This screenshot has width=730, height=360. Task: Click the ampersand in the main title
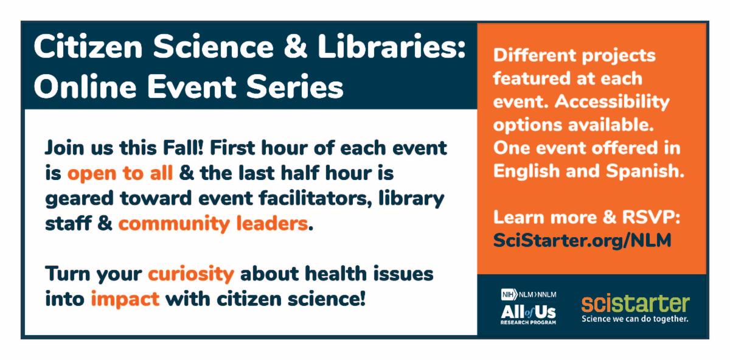click(x=295, y=46)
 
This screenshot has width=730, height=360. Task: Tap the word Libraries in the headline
click(x=391, y=46)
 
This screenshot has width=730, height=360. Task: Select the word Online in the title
click(x=85, y=86)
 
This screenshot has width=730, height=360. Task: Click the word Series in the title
click(x=294, y=87)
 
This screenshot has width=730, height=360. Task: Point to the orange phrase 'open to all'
click(x=120, y=173)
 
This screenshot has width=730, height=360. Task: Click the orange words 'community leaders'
click(x=213, y=224)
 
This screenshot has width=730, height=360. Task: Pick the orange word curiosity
click(x=191, y=274)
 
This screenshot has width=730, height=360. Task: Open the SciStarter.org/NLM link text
click(x=582, y=241)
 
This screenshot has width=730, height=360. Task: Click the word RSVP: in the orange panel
click(x=651, y=217)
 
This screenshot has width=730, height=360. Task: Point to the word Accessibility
click(x=612, y=102)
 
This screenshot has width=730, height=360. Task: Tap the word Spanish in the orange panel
click(x=645, y=171)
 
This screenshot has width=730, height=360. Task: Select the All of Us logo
click(x=528, y=313)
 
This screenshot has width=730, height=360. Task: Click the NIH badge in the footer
click(x=509, y=295)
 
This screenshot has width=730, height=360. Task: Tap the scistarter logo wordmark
click(x=636, y=303)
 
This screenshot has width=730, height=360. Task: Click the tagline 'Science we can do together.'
click(x=635, y=319)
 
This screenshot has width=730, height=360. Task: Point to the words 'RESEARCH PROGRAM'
click(x=528, y=322)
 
